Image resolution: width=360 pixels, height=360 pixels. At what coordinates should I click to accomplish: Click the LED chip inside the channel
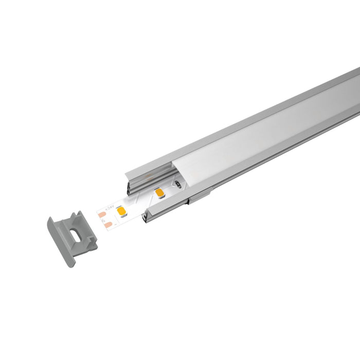tap(159, 193)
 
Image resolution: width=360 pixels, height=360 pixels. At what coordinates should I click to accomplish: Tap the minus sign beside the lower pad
tap(115, 224)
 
